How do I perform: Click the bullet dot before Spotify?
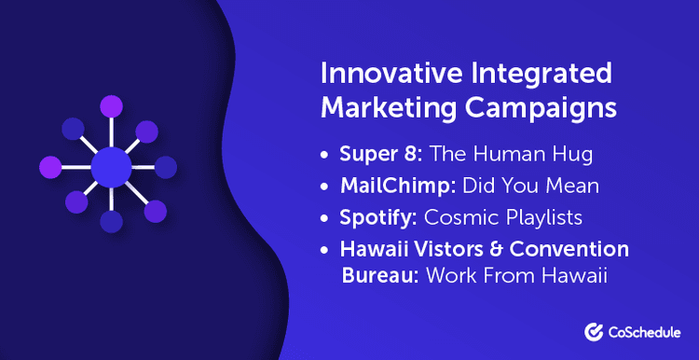pos(327,218)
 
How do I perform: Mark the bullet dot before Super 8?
pos(327,155)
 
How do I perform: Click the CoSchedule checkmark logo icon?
pos(593,330)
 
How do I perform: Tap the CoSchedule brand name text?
pos(643,330)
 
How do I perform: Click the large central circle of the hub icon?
pos(111,167)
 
